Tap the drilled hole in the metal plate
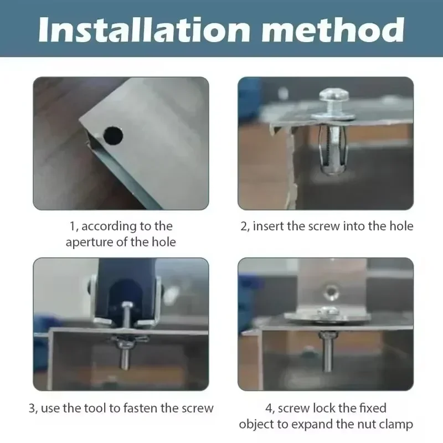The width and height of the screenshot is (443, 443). pyautogui.click(x=113, y=134)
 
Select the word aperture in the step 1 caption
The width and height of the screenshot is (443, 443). pyautogui.click(x=92, y=242)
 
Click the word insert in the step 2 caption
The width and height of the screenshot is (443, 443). pyautogui.click(x=269, y=226)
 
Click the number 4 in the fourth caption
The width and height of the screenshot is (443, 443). pyautogui.click(x=269, y=409)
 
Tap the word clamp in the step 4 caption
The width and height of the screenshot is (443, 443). pyautogui.click(x=396, y=424)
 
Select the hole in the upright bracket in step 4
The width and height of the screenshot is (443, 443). pyautogui.click(x=331, y=290)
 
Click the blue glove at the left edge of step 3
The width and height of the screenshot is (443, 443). pyautogui.click(x=43, y=326)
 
